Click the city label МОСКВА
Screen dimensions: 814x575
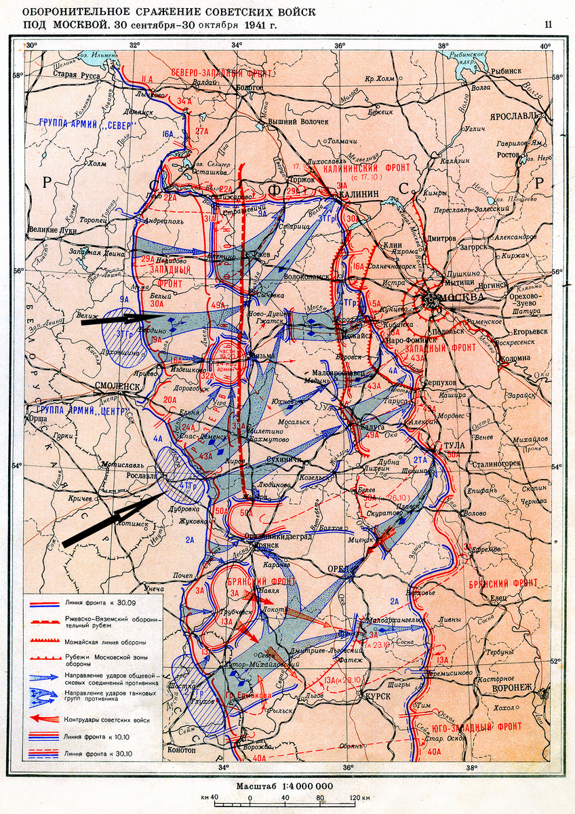pyautogui.click(x=462, y=298)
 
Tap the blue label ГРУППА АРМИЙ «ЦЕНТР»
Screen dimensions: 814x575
pyautogui.click(x=78, y=409)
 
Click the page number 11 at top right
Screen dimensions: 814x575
pyautogui.click(x=547, y=25)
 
